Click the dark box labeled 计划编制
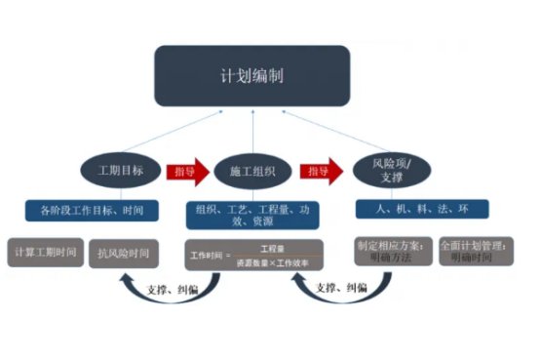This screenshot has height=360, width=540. pos(251,75)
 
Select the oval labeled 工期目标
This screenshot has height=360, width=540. pos(121,171)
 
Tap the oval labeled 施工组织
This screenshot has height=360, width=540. pos(251,171)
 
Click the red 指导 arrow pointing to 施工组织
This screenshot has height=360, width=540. pos(187,171)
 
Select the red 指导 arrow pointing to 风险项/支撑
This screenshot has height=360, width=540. pos(321,171)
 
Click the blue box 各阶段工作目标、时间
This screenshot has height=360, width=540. pos(93,209)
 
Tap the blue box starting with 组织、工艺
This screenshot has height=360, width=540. pos(253,214)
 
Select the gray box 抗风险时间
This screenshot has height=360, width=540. pos(124,253)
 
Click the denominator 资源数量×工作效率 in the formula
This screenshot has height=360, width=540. pos(271,263)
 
